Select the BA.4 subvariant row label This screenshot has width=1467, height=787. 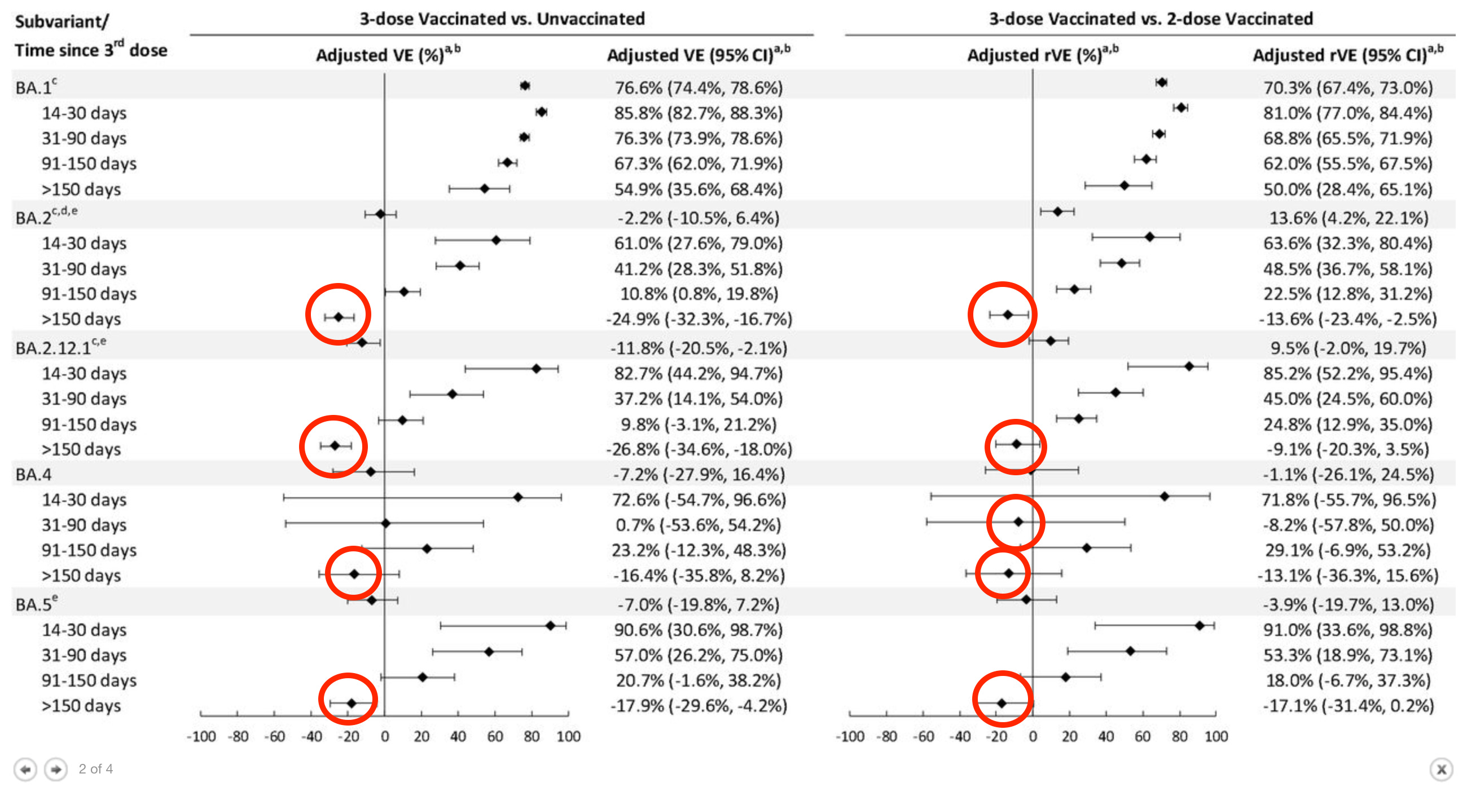click(x=34, y=474)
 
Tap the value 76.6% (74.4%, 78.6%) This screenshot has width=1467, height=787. click(x=698, y=87)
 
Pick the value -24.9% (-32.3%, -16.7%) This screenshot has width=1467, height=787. click(x=699, y=319)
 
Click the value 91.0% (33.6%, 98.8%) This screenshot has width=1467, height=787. click(x=1347, y=630)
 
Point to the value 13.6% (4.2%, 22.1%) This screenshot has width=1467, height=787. click(x=1348, y=218)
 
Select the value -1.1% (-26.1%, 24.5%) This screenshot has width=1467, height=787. click(x=1347, y=474)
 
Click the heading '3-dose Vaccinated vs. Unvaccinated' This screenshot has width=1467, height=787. click(x=502, y=19)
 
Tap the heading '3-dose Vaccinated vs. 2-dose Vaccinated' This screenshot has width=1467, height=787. click(x=1150, y=19)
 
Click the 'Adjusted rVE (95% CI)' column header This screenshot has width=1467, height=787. click(x=1347, y=55)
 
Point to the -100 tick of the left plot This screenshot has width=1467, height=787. click(x=201, y=736)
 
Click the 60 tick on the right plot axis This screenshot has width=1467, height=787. click(x=1143, y=736)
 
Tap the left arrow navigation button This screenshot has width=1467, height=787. click(x=25, y=770)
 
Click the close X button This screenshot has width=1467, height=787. click(x=1442, y=770)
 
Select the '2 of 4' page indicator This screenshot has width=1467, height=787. click(x=96, y=769)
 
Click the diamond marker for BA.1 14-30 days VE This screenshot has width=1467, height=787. click(x=542, y=112)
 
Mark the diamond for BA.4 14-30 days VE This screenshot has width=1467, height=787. click(x=517, y=497)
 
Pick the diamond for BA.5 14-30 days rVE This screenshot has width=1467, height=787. click(x=1200, y=625)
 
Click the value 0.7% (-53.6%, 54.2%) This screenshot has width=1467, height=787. click(x=697, y=525)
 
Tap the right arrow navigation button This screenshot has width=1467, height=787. click(x=56, y=770)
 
